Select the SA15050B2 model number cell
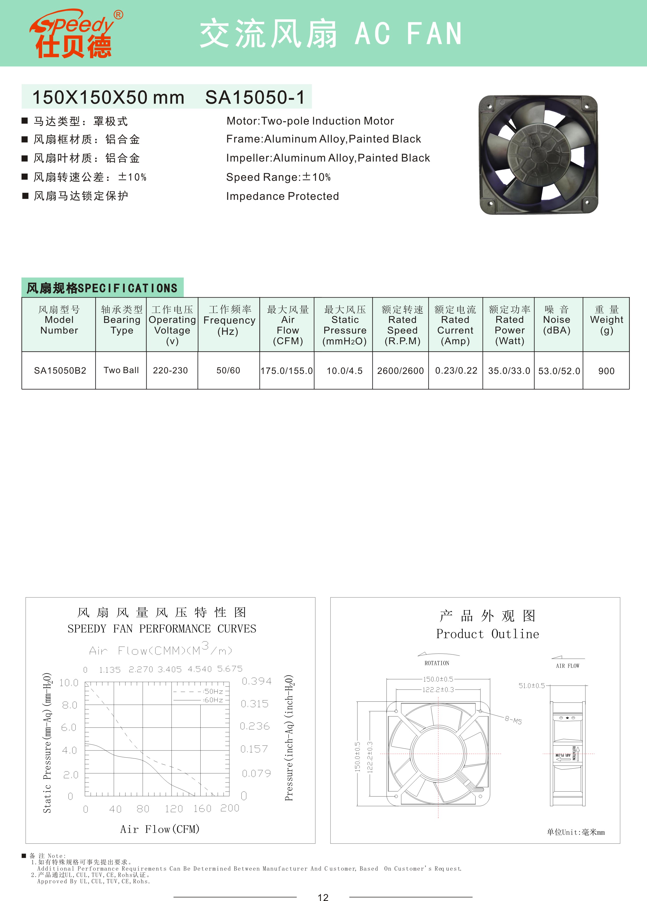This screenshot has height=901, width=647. (x=60, y=371)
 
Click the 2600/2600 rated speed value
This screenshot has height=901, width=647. (x=400, y=371)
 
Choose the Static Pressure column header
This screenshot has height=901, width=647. (x=345, y=325)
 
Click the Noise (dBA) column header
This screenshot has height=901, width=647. (x=557, y=320)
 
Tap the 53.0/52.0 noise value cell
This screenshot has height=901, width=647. (x=559, y=371)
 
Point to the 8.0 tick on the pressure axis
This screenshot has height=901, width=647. (x=70, y=705)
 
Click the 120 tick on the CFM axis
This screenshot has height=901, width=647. (x=174, y=809)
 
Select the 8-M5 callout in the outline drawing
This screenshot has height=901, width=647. (x=513, y=720)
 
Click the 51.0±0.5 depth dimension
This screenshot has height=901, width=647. (x=532, y=686)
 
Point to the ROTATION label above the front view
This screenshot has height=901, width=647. (x=437, y=663)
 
